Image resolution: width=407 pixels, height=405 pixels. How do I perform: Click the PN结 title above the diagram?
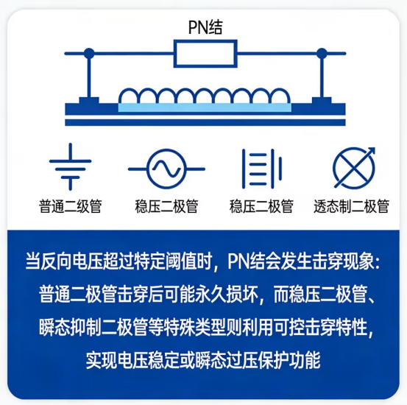pyautogui.click(x=205, y=27)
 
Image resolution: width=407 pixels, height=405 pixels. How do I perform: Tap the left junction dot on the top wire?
pyautogui.click(x=89, y=53)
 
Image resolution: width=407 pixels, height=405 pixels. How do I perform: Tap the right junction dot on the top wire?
pyautogui.click(x=322, y=53)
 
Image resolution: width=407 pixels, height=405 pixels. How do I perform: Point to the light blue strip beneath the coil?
pyautogui.click(x=205, y=108)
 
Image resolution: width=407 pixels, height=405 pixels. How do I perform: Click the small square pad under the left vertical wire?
pyautogui.click(x=89, y=101)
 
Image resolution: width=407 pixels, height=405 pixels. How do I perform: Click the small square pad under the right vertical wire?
pyautogui.click(x=322, y=101)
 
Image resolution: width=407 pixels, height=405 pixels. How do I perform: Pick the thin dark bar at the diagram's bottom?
pyautogui.click(x=205, y=123)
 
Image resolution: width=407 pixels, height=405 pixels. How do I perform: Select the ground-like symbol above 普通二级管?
pyautogui.click(x=71, y=166)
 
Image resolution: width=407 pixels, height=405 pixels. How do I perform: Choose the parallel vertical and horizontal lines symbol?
pyautogui.click(x=262, y=169)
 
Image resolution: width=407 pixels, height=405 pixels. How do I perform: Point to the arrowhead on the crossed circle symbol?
pyautogui.click(x=372, y=151)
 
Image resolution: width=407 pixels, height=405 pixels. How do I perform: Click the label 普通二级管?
pyautogui.click(x=70, y=206)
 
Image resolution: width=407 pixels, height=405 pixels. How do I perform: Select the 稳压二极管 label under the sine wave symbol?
pyautogui.click(x=166, y=206)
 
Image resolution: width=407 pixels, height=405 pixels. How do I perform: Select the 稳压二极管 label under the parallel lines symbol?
pyautogui.click(x=261, y=206)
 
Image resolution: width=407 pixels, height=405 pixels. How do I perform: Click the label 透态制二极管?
pyautogui.click(x=352, y=206)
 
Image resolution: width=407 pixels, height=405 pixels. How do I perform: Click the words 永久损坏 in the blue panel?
pyautogui.click(x=227, y=295)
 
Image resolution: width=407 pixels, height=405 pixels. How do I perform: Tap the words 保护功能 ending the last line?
pyautogui.click(x=289, y=360)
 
